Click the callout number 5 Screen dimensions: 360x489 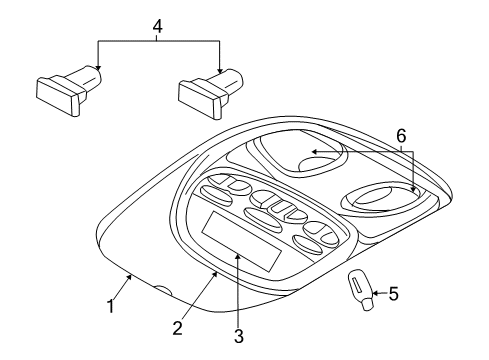[393, 295]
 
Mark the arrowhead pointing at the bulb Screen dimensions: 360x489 [373, 293]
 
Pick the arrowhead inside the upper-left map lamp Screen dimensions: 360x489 [311, 151]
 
